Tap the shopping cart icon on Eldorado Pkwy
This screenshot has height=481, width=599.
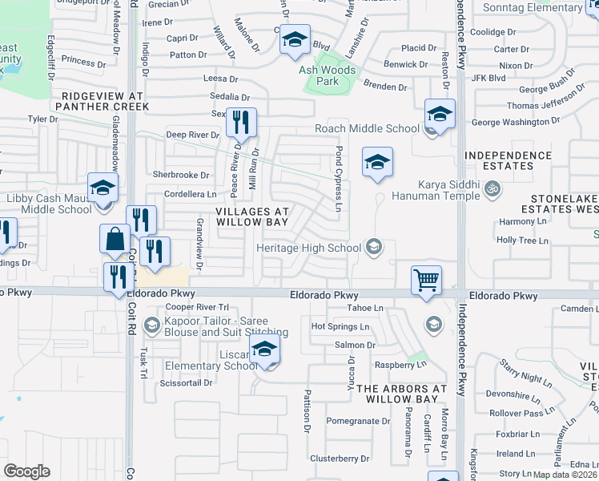pos(426,281)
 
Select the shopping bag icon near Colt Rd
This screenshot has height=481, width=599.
pos(115,238)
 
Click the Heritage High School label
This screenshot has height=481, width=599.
pos(308,248)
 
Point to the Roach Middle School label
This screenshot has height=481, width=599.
pos(368,128)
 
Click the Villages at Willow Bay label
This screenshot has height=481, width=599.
pos(251,216)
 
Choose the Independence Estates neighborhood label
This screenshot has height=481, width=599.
pos(510,160)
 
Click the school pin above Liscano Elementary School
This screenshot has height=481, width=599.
pos(264,350)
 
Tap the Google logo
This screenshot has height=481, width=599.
pos(26,471)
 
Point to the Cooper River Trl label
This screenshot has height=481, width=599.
pos(197,307)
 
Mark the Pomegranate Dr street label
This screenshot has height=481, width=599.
pos(357,421)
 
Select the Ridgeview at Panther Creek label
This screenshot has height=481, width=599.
pos(100,100)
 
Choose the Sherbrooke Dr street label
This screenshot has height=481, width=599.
pos(181,175)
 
